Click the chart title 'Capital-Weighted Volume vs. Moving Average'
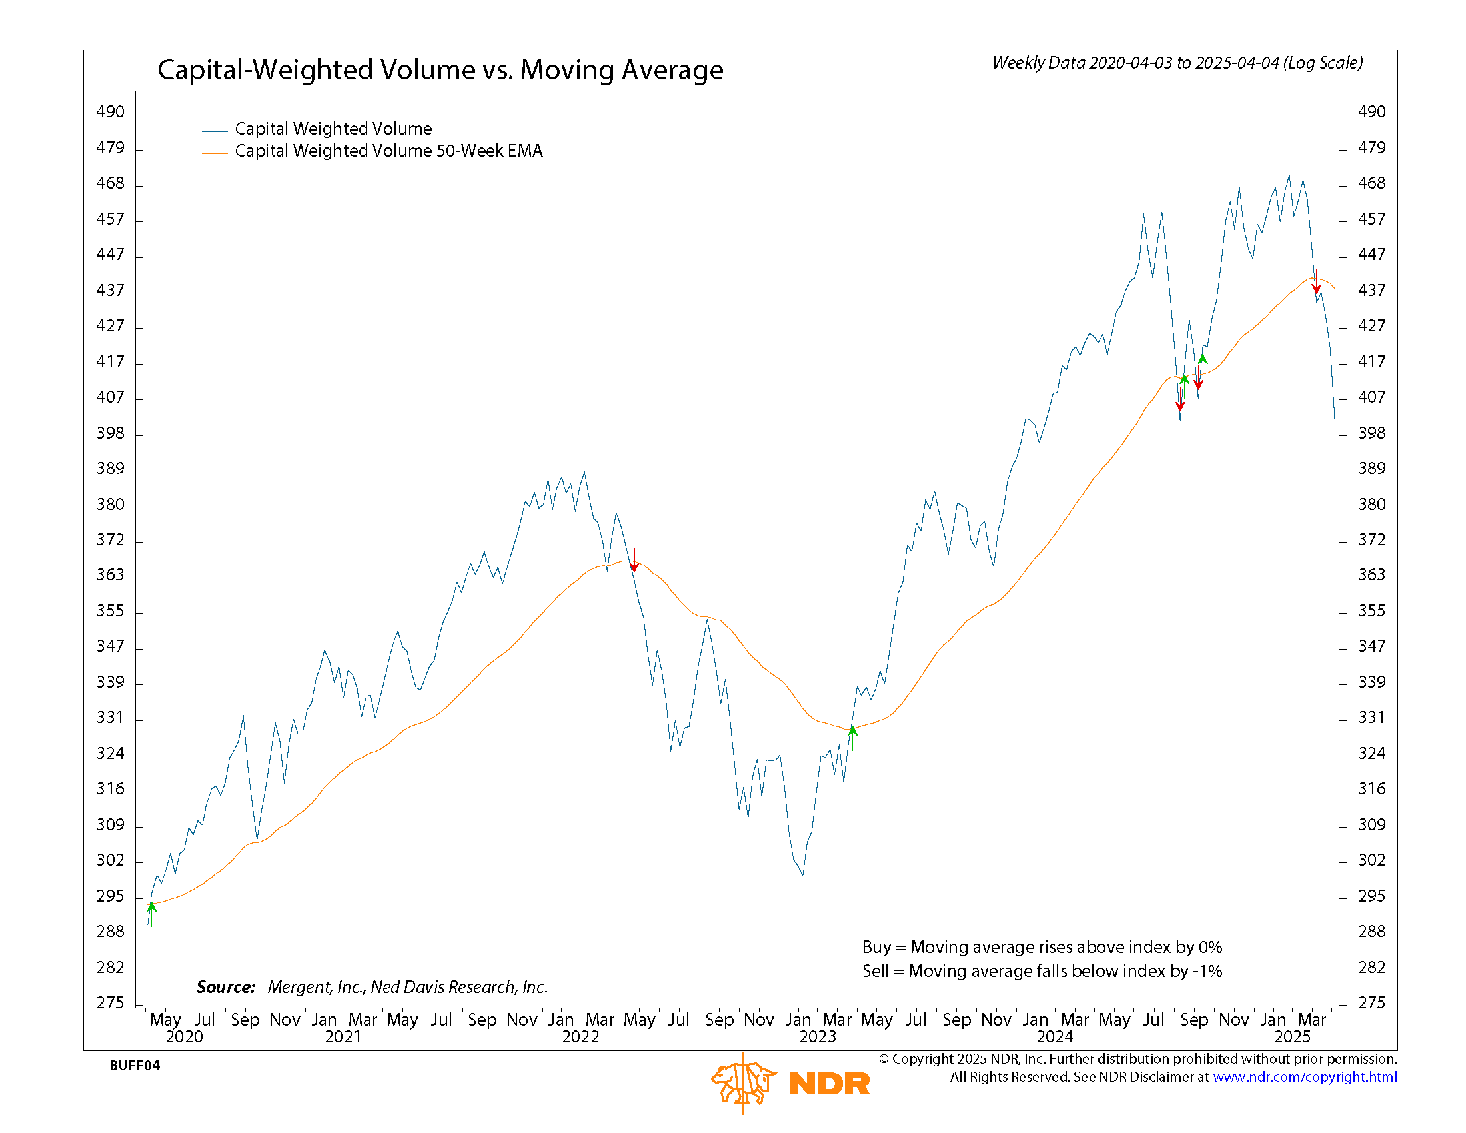click(440, 70)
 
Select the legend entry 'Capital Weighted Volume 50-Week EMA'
click(388, 151)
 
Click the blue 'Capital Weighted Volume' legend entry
click(333, 129)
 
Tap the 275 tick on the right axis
click(1371, 1003)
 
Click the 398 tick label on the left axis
click(111, 434)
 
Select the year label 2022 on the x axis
click(580, 1037)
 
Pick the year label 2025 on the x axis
click(1292, 1037)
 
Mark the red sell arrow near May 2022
click(634, 566)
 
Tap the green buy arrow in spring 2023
click(852, 732)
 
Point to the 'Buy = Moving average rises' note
click(1042, 947)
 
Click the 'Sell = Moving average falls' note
click(1042, 971)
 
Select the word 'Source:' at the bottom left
click(225, 987)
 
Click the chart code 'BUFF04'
click(134, 1066)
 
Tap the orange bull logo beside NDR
click(744, 1082)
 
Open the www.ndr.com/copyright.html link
click(1305, 1077)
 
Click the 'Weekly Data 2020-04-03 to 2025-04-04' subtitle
click(1177, 63)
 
